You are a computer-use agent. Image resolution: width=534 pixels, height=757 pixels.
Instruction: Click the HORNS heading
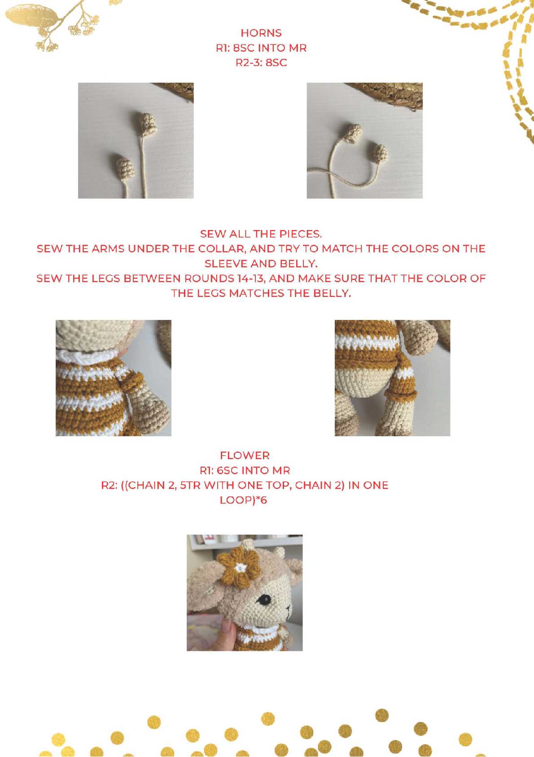click(x=261, y=33)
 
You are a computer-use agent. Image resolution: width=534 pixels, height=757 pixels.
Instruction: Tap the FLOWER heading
click(x=245, y=456)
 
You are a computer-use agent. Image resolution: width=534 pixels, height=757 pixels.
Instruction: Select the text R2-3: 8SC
click(x=261, y=62)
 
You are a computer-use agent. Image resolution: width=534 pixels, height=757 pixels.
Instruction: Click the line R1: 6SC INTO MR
click(x=245, y=470)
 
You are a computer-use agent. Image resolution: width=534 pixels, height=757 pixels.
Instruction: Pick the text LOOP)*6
click(x=243, y=500)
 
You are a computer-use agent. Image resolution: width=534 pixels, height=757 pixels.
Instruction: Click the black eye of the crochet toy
click(x=264, y=600)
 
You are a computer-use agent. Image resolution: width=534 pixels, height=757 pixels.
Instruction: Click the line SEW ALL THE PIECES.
click(x=261, y=234)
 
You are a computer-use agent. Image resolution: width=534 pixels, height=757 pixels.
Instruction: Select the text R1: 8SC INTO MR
click(x=261, y=48)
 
